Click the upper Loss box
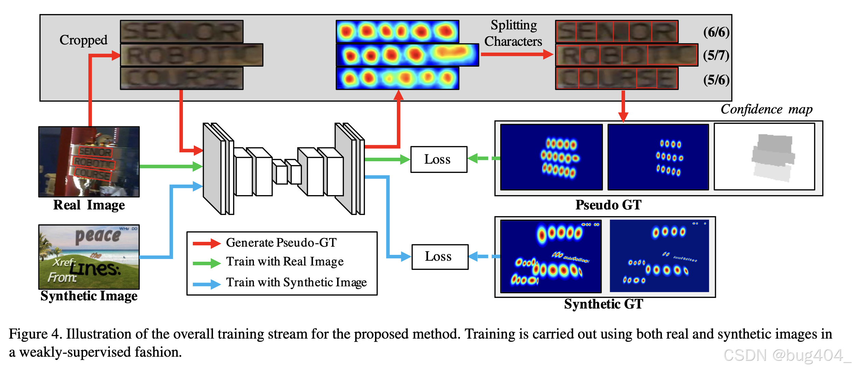[x=438, y=159]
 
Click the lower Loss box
[x=439, y=257]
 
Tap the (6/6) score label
[x=716, y=32]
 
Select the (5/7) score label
[x=716, y=55]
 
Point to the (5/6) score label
[x=716, y=80]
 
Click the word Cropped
[x=83, y=40]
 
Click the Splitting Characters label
[x=513, y=33]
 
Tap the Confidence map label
[x=766, y=109]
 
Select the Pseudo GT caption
[x=608, y=205]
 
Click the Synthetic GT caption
[x=603, y=304]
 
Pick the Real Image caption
[x=89, y=205]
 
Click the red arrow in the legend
[x=206, y=243]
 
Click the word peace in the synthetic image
[x=98, y=236]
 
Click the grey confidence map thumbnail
[x=764, y=156]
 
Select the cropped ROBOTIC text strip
[x=191, y=55]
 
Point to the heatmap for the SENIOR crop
[x=397, y=31]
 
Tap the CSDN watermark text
[x=785, y=355]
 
